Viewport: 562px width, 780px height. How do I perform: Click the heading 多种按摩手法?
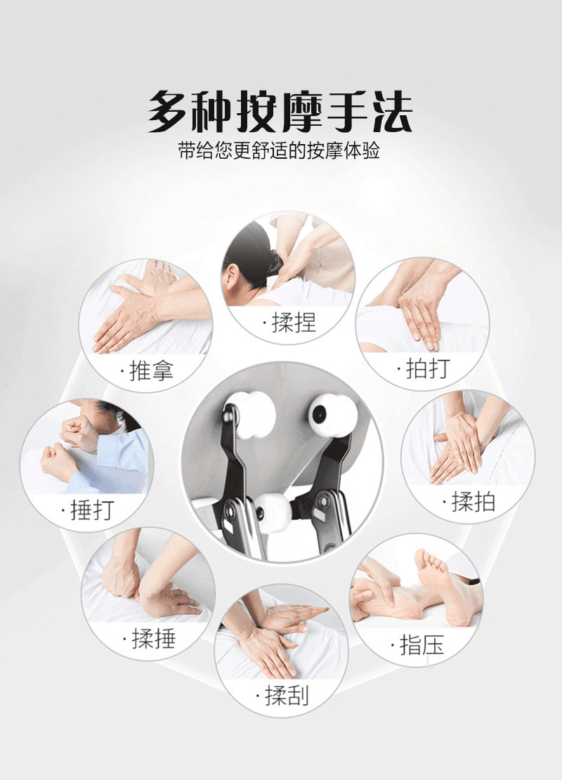point(280,112)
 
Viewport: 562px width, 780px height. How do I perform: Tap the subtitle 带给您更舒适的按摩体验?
point(280,150)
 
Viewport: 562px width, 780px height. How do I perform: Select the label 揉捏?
point(294,323)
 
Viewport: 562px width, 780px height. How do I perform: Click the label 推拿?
point(151,370)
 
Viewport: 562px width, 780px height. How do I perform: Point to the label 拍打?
point(429,369)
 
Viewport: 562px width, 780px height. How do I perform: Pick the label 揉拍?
point(473,502)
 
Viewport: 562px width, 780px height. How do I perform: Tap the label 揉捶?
point(154,638)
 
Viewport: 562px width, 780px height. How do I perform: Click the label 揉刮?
point(287,695)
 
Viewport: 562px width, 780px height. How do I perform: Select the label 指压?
point(421,645)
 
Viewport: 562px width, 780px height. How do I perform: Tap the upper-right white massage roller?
point(332,415)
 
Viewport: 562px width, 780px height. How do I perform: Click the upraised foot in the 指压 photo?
point(445,587)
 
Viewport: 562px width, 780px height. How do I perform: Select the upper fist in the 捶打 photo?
point(79,433)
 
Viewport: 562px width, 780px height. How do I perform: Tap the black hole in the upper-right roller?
point(319,414)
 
